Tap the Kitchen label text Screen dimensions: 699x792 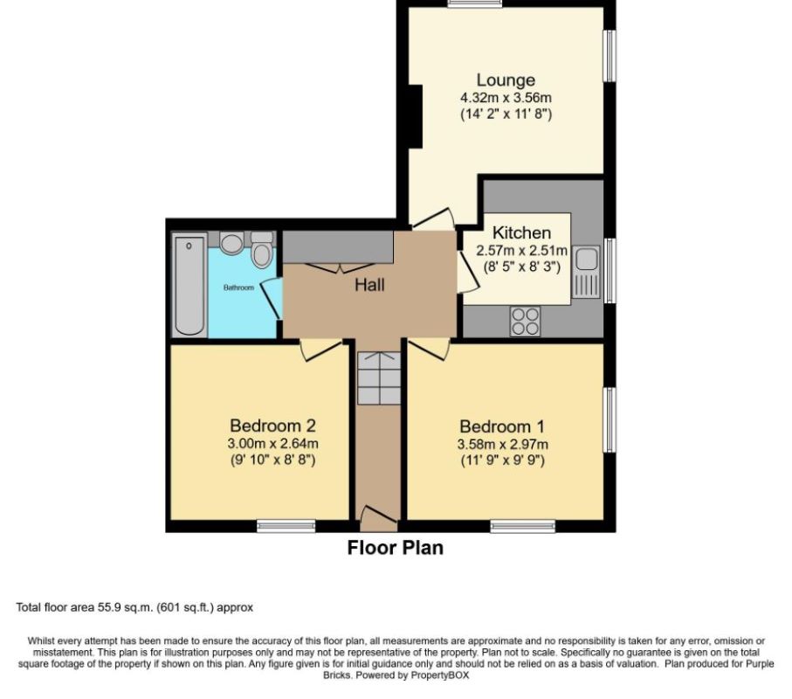pos(521,232)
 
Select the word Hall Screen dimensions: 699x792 pos(369,284)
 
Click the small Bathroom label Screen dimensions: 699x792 pos(238,287)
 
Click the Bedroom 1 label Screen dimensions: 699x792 pos(502,426)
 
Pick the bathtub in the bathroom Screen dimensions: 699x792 pos(189,285)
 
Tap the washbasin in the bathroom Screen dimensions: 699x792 pos(231,242)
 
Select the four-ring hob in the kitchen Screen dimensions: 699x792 pos(525,322)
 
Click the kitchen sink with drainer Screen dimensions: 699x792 pos(587,271)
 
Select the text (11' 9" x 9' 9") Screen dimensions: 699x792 pos(502,460)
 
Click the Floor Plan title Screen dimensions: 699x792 pos(395,548)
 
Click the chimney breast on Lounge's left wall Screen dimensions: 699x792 pos(417,116)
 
